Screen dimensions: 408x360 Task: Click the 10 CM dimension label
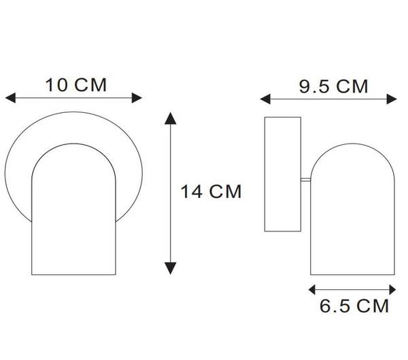[x=76, y=85]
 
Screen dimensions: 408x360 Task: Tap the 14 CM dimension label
[x=211, y=191]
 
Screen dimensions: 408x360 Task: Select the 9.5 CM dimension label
[x=334, y=86]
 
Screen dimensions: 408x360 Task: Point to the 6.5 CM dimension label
[x=354, y=306]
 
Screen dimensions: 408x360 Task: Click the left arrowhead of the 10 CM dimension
[x=10, y=98]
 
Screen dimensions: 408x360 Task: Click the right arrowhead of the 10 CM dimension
[x=137, y=98]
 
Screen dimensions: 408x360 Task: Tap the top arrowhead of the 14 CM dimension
[x=171, y=118]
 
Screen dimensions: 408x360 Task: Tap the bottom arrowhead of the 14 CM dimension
[x=171, y=268]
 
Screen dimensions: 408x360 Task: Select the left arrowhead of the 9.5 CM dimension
[x=265, y=99]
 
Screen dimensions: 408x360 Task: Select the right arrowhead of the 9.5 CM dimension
[x=392, y=99]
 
